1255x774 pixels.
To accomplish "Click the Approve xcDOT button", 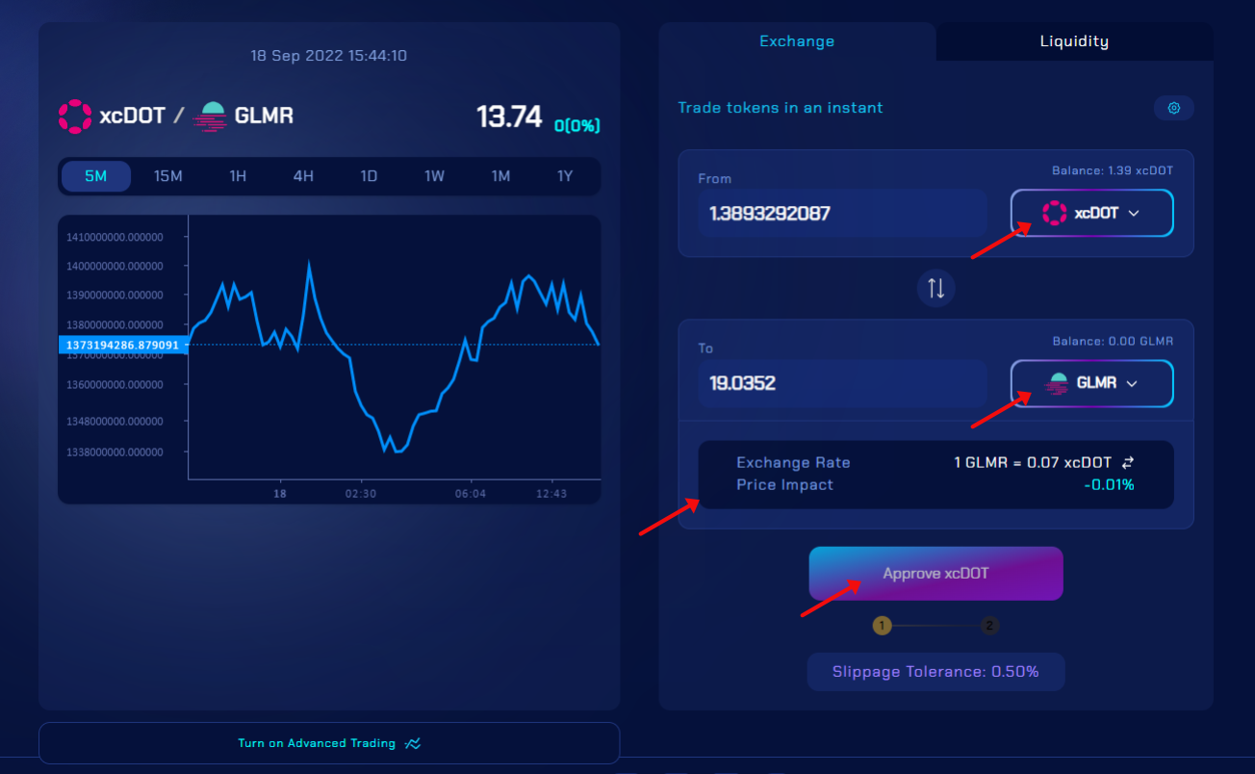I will pos(935,574).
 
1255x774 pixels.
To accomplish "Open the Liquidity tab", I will pos(1074,41).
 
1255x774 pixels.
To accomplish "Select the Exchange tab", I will pos(797,41).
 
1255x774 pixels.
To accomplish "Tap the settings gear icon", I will pos(1174,108).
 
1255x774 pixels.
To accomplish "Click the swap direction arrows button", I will pos(935,287).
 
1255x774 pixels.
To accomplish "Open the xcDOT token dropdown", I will pos(1091,213).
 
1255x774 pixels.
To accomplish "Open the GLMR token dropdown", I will pos(1091,383).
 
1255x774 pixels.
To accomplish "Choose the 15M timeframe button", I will pos(168,176).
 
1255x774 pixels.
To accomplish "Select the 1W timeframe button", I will pos(435,176).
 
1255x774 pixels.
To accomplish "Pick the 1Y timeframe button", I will pos(565,176).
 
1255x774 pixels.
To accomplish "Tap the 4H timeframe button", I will pos(303,176).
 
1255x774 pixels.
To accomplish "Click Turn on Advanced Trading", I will pos(329,743).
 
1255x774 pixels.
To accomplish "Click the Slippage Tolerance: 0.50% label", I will pos(935,672).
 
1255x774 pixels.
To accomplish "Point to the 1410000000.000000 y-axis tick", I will pos(115,237).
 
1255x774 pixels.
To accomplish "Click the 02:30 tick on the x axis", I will pos(361,493).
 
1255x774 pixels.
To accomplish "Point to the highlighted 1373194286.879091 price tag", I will pos(122,345).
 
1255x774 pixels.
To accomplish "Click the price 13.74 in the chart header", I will pos(509,116).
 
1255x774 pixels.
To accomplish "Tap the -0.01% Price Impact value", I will pos(1109,485).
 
